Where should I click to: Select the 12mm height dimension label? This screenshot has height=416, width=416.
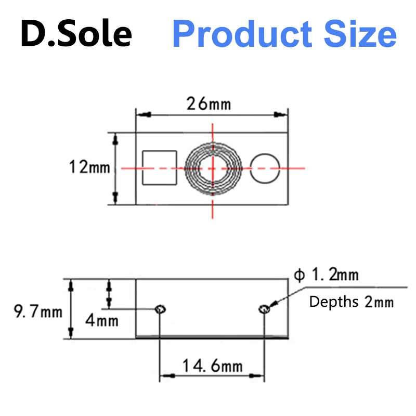[89, 167]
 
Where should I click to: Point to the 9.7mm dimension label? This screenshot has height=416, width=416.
[37, 312]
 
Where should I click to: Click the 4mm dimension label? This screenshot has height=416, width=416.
[101, 320]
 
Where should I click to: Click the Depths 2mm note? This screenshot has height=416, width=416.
[352, 302]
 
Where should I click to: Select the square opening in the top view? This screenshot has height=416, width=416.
[160, 167]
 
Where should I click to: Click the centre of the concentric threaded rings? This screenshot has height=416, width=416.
[213, 167]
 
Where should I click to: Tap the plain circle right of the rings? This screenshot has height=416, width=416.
[265, 168]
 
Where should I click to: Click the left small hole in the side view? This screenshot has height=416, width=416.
[160, 310]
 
